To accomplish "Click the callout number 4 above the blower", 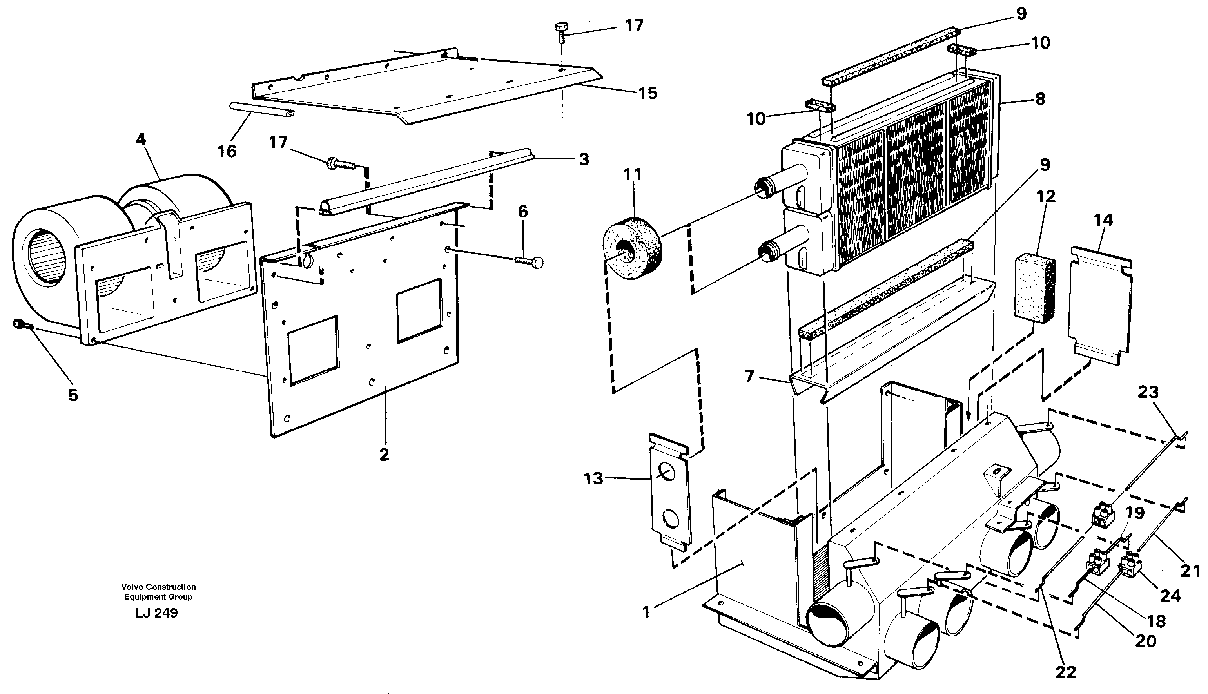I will tap(141, 139).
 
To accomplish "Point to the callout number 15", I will tap(648, 93).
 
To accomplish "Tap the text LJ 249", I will tap(156, 613).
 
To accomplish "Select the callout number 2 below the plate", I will tap(384, 454).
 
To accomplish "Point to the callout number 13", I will tap(593, 478).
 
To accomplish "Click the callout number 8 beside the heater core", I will tap(1040, 99).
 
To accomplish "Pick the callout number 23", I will tap(1148, 392).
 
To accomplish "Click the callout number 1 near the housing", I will tap(646, 612).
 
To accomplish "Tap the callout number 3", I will tap(584, 159).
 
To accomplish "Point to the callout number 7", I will tap(749, 377).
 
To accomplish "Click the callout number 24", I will tap(1171, 595).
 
